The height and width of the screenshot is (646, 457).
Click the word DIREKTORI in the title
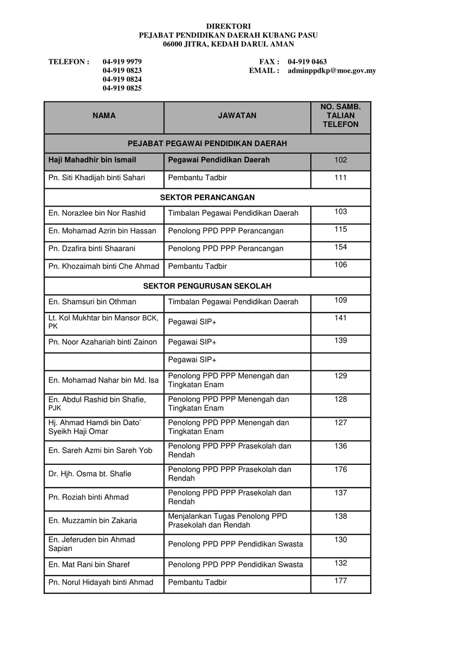point(228,26)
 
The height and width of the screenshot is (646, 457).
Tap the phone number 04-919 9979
point(122,62)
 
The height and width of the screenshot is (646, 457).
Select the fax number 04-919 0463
point(307,62)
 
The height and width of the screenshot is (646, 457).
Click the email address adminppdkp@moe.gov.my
point(332,71)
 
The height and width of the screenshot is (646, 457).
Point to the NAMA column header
point(104,116)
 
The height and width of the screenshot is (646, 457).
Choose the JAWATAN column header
point(237,116)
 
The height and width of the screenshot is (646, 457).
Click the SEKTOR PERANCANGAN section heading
point(207,197)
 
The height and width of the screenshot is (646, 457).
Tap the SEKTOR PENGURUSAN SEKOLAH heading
point(207,286)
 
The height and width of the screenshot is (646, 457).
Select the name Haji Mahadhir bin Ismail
point(92,160)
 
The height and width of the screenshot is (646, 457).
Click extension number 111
point(341,178)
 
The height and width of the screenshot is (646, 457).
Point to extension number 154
point(341,247)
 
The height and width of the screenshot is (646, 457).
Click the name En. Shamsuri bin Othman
point(92,302)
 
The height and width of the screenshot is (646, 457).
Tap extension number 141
point(341,318)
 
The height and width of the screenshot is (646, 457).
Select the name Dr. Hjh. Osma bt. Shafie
point(89,474)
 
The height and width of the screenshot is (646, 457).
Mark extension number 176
point(341,469)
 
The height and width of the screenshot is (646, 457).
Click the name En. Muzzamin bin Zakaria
point(92,521)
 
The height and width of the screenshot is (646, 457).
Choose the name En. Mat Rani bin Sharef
point(89,565)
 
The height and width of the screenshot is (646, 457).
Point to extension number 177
point(341,581)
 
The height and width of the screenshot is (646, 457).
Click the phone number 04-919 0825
point(122,88)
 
